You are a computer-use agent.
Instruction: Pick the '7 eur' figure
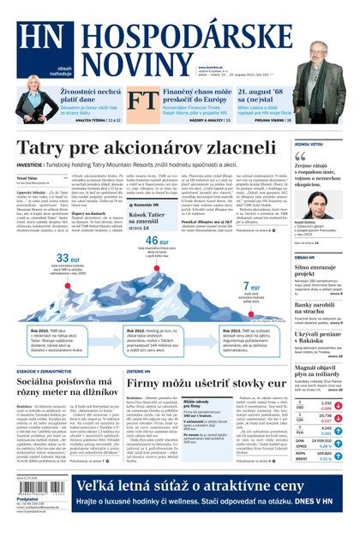pyautogui.click(x=252, y=286)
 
